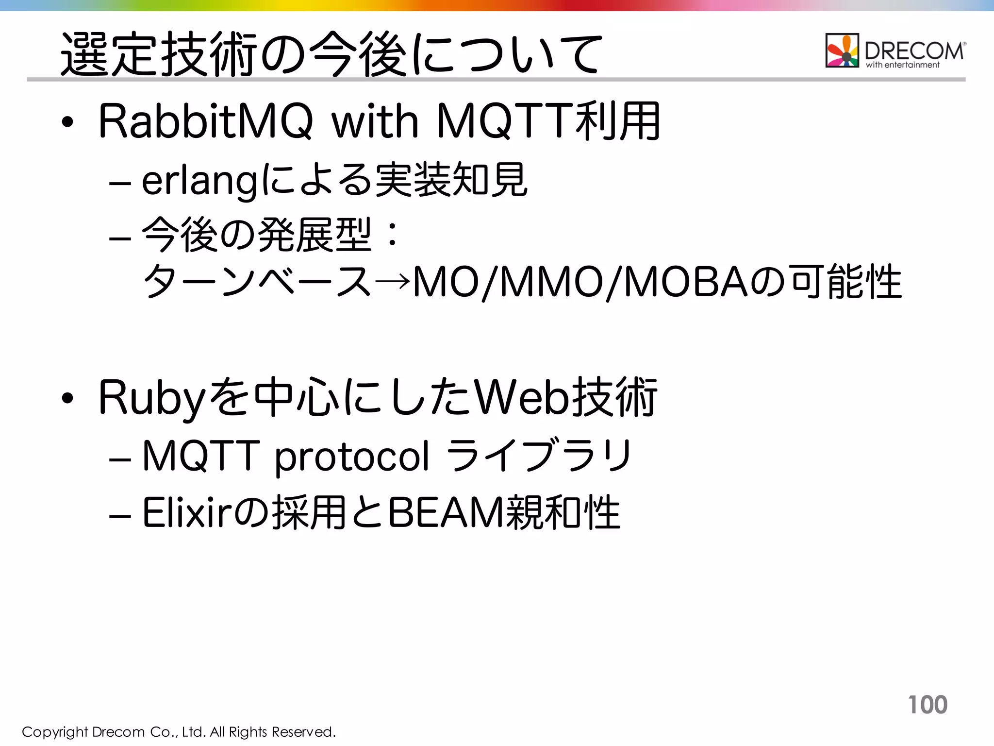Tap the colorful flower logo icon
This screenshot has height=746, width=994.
(x=842, y=50)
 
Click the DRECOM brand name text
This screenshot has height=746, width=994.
(x=914, y=50)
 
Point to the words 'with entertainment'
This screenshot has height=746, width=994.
(x=902, y=65)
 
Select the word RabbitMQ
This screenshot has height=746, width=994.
(x=206, y=121)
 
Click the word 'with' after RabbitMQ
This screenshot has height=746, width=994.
(x=374, y=121)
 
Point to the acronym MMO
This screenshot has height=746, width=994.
(x=551, y=282)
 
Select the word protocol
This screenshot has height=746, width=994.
(x=352, y=457)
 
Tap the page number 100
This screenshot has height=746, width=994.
(x=927, y=705)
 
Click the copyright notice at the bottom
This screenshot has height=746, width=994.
(x=179, y=732)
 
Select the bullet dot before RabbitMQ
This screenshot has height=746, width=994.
(x=67, y=122)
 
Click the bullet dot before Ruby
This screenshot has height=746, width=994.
(x=67, y=399)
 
